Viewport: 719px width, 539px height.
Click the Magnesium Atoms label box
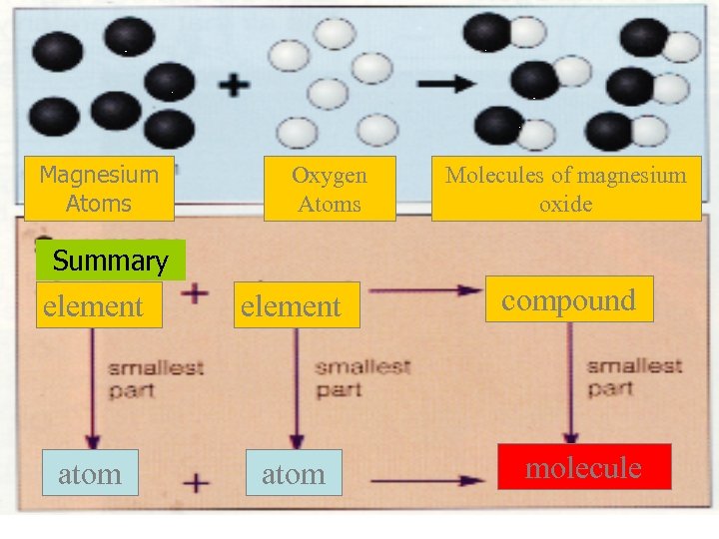click(99, 189)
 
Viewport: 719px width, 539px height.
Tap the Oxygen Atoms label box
click(330, 189)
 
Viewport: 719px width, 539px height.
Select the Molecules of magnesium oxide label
click(566, 189)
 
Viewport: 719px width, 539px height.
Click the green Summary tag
click(111, 262)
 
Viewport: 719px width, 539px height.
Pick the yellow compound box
click(568, 300)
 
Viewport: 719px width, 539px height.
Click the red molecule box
click(583, 467)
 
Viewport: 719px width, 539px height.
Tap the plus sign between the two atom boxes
click(197, 481)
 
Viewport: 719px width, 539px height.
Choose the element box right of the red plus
click(292, 305)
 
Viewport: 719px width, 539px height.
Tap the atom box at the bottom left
click(90, 474)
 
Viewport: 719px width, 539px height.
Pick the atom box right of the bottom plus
click(293, 474)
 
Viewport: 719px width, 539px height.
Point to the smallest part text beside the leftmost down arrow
click(155, 378)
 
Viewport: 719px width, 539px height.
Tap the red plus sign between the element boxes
click(196, 293)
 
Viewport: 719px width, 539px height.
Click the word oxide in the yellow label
click(566, 204)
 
